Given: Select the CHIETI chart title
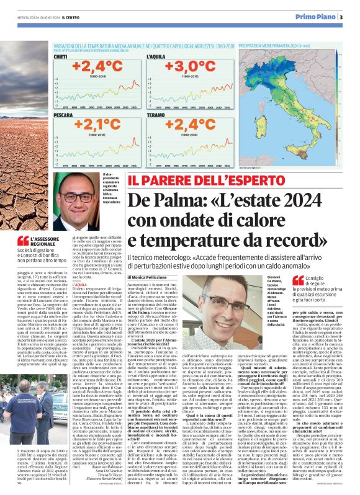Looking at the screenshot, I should coord(61,56).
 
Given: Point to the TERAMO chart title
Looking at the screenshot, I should coord(155,115).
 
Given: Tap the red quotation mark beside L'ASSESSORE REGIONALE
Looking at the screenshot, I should coord(23,241).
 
